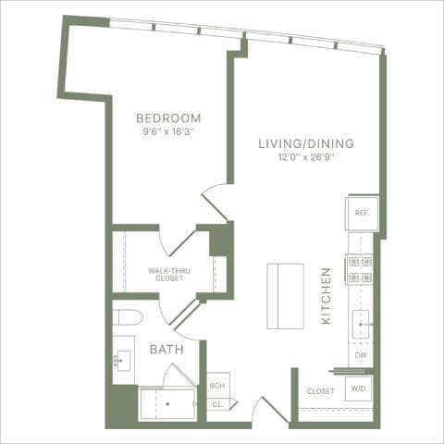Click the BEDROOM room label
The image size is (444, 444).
point(168,117)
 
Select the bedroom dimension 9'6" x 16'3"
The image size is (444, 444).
point(168,131)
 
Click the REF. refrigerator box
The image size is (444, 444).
point(362,213)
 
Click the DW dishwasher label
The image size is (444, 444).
point(362,355)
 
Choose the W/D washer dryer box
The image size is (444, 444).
point(357,389)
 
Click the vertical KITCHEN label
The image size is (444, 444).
point(327,295)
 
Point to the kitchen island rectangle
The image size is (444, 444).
point(285,295)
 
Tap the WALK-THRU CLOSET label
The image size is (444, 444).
point(168,274)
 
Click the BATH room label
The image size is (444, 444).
point(166,350)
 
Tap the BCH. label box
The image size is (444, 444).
point(217,386)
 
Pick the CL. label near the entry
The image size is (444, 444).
point(217,404)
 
